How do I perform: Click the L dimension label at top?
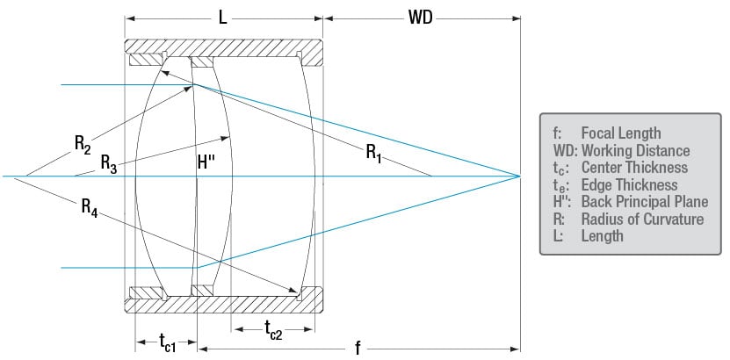pyautogui.click(x=222, y=17)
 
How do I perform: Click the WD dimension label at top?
pyautogui.click(x=420, y=17)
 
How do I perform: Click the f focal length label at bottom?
pyautogui.click(x=358, y=348)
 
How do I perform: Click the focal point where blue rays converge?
pyautogui.click(x=520, y=176)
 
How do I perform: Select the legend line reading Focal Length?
pyautogui.click(x=618, y=133)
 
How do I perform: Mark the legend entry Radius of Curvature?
pyautogui.click(x=642, y=219)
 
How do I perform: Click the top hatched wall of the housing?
pyautogui.click(x=224, y=46)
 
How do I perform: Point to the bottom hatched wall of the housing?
pyautogui.click(x=224, y=305)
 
